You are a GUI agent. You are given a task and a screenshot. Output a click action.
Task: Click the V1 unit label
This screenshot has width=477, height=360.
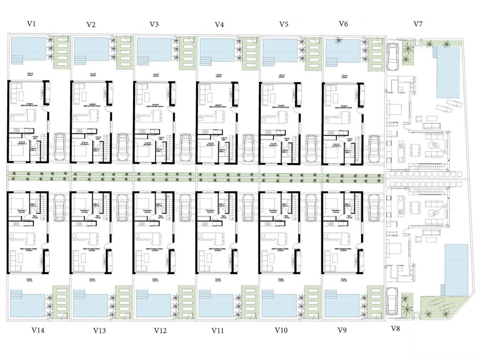coord(31,24)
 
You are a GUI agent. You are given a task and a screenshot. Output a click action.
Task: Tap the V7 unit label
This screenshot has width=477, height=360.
coord(418,24)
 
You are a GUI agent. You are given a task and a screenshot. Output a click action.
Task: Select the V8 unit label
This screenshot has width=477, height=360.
coord(395,329)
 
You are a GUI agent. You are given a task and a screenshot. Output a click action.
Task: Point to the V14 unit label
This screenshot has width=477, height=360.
coord(38,330)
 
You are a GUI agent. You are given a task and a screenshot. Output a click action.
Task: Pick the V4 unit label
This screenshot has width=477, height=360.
coord(219,25)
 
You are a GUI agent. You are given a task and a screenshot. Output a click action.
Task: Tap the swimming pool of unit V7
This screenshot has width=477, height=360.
coord(448,71)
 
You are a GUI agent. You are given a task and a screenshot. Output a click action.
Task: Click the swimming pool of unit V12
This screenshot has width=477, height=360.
coord(153,304)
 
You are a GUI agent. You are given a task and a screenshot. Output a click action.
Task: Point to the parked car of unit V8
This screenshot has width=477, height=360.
coord(393,300)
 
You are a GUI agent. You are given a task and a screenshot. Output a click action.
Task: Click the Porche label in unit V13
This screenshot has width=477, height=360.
coord(91,279)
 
